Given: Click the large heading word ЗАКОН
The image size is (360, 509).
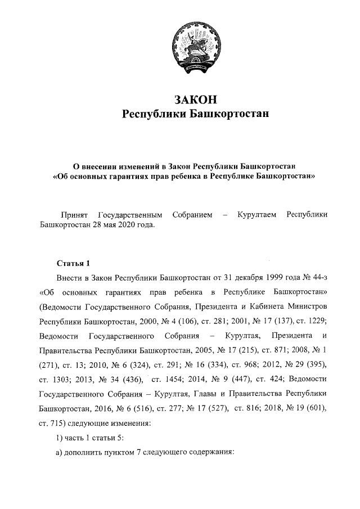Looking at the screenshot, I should [195, 100].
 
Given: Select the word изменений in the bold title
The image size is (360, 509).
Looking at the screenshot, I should [136, 166].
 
